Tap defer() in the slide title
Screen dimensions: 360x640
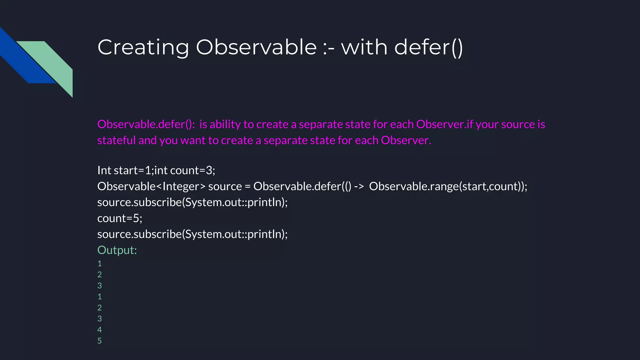click(428, 47)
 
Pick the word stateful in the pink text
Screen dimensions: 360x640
click(116, 140)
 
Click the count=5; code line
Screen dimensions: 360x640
click(120, 218)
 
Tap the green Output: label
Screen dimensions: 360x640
click(117, 250)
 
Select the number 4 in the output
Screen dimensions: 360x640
click(99, 330)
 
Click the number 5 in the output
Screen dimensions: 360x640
click(99, 341)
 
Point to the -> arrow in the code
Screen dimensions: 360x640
click(359, 186)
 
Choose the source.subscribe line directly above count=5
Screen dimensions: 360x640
click(192, 202)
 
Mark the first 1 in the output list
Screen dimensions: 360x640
click(99, 264)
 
